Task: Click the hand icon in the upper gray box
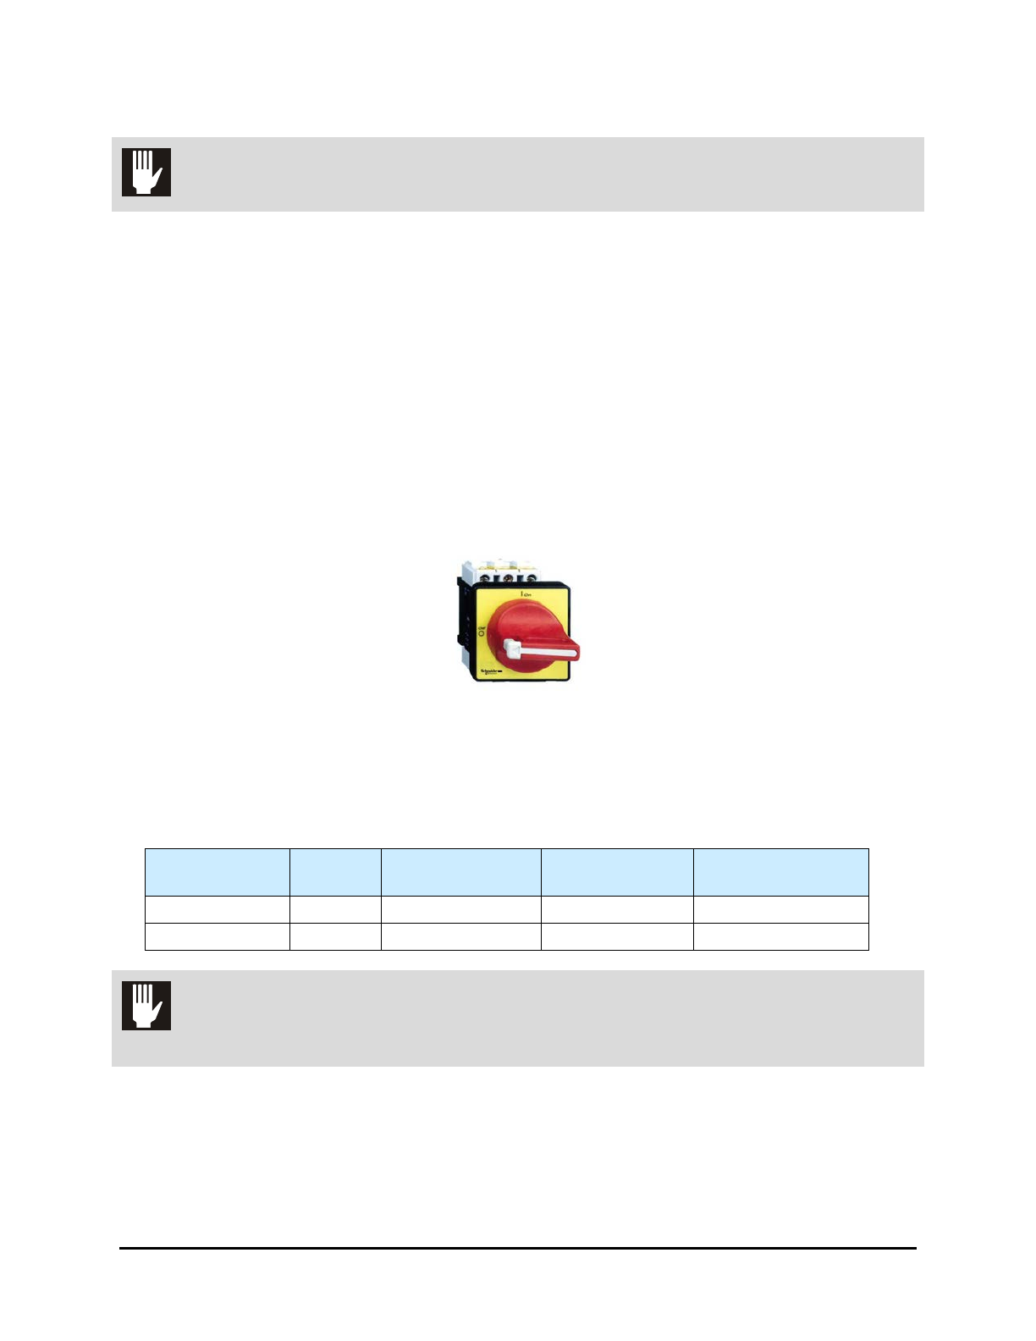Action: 146,172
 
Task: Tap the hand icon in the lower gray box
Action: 146,1006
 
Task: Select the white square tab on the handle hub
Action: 510,648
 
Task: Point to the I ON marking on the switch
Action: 525,596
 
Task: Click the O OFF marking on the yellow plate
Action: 482,630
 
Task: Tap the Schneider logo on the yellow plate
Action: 490,671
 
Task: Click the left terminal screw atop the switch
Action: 490,579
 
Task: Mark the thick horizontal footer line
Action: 517,1248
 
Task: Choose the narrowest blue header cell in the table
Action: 335,872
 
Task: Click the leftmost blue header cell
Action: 218,872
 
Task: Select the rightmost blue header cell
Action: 780,872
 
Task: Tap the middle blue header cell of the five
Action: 460,872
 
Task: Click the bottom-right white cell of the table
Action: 780,936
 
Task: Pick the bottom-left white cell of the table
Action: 218,936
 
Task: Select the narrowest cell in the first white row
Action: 335,909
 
